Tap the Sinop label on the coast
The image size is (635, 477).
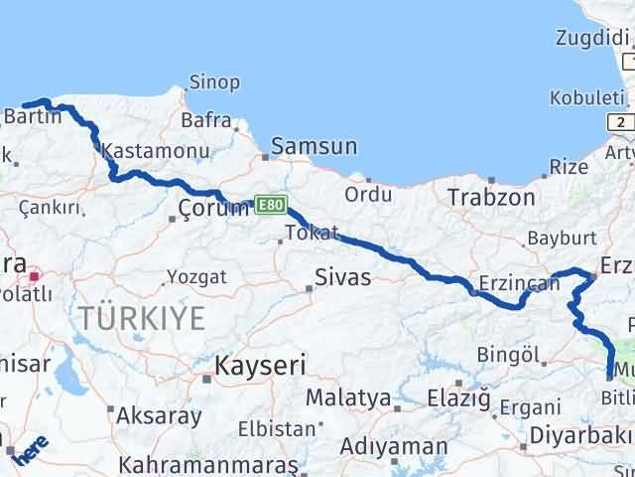pos(214,82)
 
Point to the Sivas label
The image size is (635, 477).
pos(342,276)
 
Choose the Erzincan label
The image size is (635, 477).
pos(519,283)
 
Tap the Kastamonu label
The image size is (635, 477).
pos(156,153)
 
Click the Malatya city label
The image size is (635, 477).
pos(347,398)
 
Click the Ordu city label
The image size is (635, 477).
pos(368,194)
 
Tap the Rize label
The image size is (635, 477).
pos(569,167)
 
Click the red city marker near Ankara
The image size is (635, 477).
pos(35,277)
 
